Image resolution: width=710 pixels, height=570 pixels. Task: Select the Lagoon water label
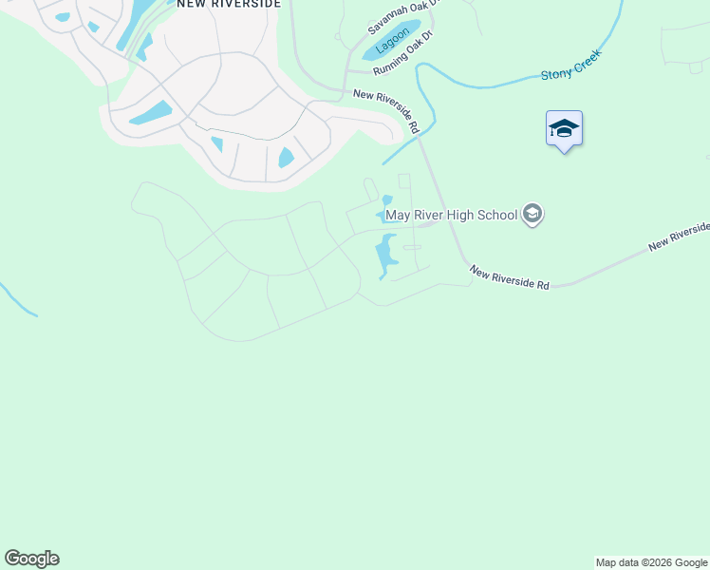pos(392,42)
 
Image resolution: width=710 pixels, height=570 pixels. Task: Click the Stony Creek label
pos(570,72)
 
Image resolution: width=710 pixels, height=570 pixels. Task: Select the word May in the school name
pos(397,215)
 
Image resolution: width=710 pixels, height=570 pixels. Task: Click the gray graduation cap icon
pos(532,214)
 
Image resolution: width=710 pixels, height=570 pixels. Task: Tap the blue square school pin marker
pos(564,128)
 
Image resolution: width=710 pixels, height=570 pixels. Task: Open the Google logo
pos(31,559)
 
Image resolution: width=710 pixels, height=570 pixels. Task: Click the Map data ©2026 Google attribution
pos(651,563)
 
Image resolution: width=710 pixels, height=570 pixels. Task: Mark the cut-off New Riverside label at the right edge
pos(680,238)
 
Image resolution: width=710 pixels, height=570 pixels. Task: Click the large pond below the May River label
pos(384,256)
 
